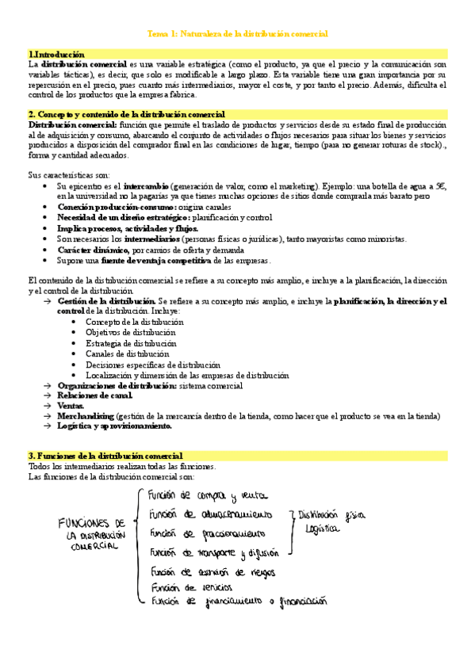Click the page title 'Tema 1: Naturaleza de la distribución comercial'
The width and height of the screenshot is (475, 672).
click(x=238, y=34)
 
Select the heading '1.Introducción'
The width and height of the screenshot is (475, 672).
click(x=56, y=53)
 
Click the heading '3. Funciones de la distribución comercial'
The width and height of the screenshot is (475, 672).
click(x=105, y=456)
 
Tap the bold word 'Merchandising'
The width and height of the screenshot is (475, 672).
click(x=85, y=415)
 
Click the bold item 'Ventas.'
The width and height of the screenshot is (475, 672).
click(x=71, y=405)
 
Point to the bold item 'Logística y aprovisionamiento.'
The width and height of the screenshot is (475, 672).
click(x=114, y=426)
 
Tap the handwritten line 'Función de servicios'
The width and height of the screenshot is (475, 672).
click(x=190, y=586)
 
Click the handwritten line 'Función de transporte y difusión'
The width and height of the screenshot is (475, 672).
click(x=213, y=552)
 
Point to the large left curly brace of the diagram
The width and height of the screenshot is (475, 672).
click(x=139, y=547)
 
